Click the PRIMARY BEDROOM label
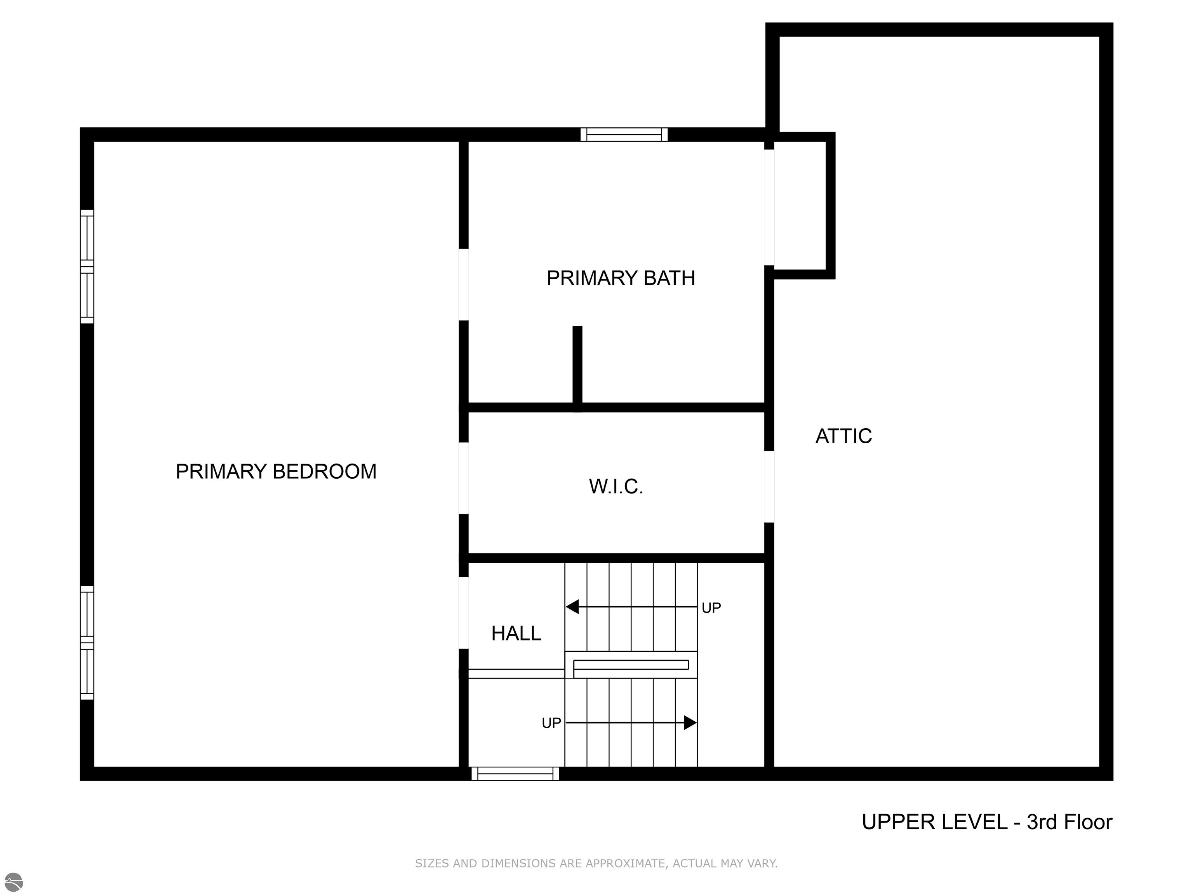point(276,471)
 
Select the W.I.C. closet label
point(616,486)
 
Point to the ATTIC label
point(843,436)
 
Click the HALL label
point(516,633)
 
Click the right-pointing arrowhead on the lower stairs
point(690,722)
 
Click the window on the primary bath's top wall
point(624,134)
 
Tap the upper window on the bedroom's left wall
point(87,266)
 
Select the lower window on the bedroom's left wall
point(87,643)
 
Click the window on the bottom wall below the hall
point(515,774)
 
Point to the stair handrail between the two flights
point(631,665)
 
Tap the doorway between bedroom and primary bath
point(463,284)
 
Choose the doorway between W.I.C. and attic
point(770,486)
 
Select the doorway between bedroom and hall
point(463,613)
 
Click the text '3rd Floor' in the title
point(1070,822)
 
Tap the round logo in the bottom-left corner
point(14,882)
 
